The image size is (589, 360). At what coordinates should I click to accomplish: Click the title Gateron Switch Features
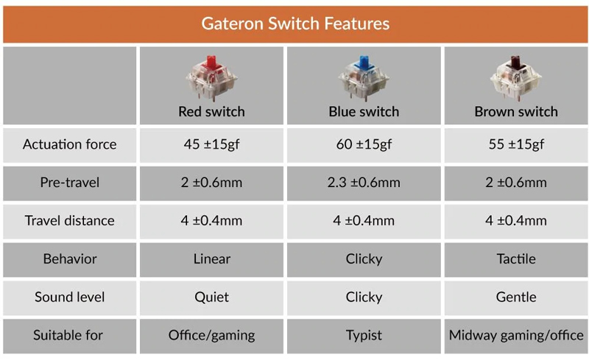click(x=294, y=24)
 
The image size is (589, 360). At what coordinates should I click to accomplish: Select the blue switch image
click(x=364, y=78)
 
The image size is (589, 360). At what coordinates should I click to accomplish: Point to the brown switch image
click(x=516, y=78)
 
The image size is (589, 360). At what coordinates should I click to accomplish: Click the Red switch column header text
click(x=211, y=112)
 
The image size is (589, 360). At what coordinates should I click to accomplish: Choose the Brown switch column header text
click(x=516, y=112)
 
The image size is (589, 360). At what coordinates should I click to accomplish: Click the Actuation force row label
click(x=69, y=144)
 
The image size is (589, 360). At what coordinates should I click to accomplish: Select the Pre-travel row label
click(x=69, y=183)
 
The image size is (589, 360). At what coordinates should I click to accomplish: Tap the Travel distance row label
click(x=69, y=221)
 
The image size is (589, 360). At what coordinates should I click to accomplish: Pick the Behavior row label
click(x=69, y=259)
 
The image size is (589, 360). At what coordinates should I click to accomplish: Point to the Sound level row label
click(x=69, y=297)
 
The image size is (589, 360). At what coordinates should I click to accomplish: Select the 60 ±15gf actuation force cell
click(x=364, y=144)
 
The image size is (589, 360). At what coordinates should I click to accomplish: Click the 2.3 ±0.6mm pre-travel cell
click(x=364, y=183)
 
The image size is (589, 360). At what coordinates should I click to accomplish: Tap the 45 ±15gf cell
click(x=211, y=144)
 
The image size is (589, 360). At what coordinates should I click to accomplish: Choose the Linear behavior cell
click(x=211, y=259)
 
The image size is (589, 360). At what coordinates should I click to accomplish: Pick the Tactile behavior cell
click(x=516, y=259)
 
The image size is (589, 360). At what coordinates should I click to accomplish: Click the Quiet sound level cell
click(x=211, y=297)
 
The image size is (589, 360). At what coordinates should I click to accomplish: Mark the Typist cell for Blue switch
click(x=364, y=336)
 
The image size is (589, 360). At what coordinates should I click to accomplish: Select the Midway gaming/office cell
click(x=516, y=336)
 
